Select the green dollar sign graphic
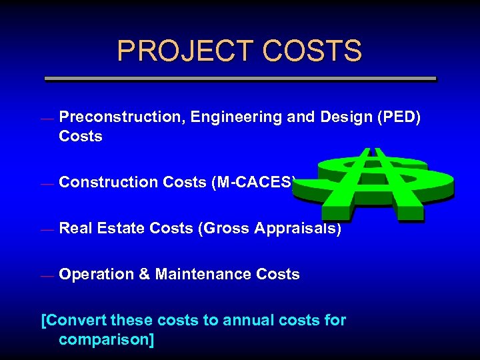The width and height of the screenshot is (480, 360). [386, 183]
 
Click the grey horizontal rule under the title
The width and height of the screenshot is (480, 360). [240, 79]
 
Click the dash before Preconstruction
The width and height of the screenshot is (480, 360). [46, 119]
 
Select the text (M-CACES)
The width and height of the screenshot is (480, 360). [254, 182]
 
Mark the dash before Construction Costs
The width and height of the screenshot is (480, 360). [46, 184]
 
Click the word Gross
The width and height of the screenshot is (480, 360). [221, 228]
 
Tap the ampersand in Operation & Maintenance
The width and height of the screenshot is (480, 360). [144, 274]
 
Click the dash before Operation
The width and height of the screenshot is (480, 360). [46, 276]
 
